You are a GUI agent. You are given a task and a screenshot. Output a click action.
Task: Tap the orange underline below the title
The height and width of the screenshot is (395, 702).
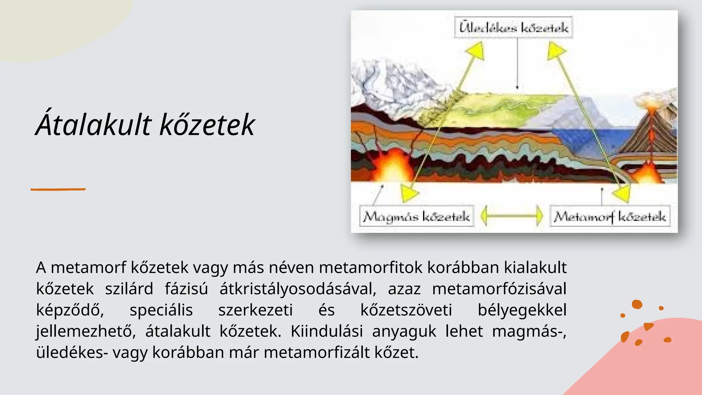pyautogui.click(x=58, y=189)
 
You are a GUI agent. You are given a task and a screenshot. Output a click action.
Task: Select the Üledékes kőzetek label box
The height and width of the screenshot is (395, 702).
pyautogui.click(x=513, y=27)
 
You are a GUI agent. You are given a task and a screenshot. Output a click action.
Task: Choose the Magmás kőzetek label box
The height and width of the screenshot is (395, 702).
pyautogui.click(x=416, y=216)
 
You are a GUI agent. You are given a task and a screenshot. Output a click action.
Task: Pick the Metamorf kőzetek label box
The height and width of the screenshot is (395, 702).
pyautogui.click(x=609, y=216)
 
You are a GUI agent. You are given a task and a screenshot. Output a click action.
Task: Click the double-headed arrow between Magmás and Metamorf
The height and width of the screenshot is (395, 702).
pyautogui.click(x=512, y=216)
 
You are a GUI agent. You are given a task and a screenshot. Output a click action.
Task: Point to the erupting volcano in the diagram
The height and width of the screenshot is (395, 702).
pyautogui.click(x=650, y=130)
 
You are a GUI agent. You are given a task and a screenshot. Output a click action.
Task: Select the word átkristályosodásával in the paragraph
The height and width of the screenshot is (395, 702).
pyautogui.click(x=298, y=289)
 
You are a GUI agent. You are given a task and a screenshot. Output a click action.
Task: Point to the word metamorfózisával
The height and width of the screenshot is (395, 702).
pyautogui.click(x=499, y=289)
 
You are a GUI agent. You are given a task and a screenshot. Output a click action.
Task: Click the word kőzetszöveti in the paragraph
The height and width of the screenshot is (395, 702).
pyautogui.click(x=406, y=310)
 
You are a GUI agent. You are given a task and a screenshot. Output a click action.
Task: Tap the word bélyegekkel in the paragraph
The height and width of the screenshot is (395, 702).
pyautogui.click(x=522, y=310)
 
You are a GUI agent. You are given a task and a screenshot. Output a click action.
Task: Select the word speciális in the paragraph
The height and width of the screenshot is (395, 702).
pyautogui.click(x=161, y=310)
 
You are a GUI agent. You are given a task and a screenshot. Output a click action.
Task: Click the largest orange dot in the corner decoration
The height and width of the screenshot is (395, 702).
pyautogui.click(x=637, y=304)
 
